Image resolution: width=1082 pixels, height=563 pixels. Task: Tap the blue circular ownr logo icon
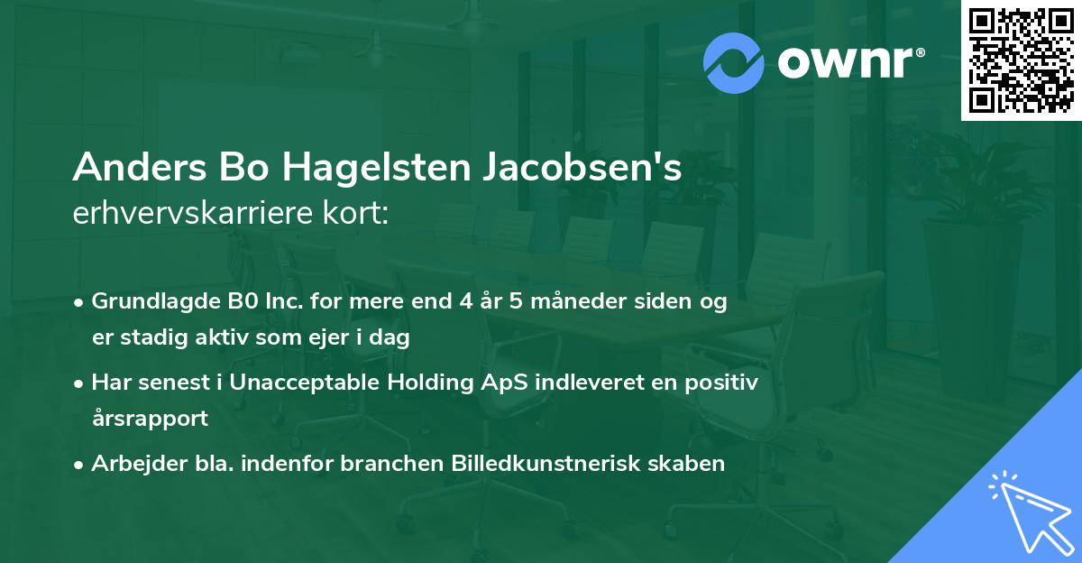tap(734, 62)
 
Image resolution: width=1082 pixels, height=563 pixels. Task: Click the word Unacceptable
tap(307, 383)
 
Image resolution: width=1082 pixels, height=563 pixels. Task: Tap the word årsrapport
tap(150, 419)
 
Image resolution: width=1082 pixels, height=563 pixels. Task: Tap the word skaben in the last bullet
tap(690, 464)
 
